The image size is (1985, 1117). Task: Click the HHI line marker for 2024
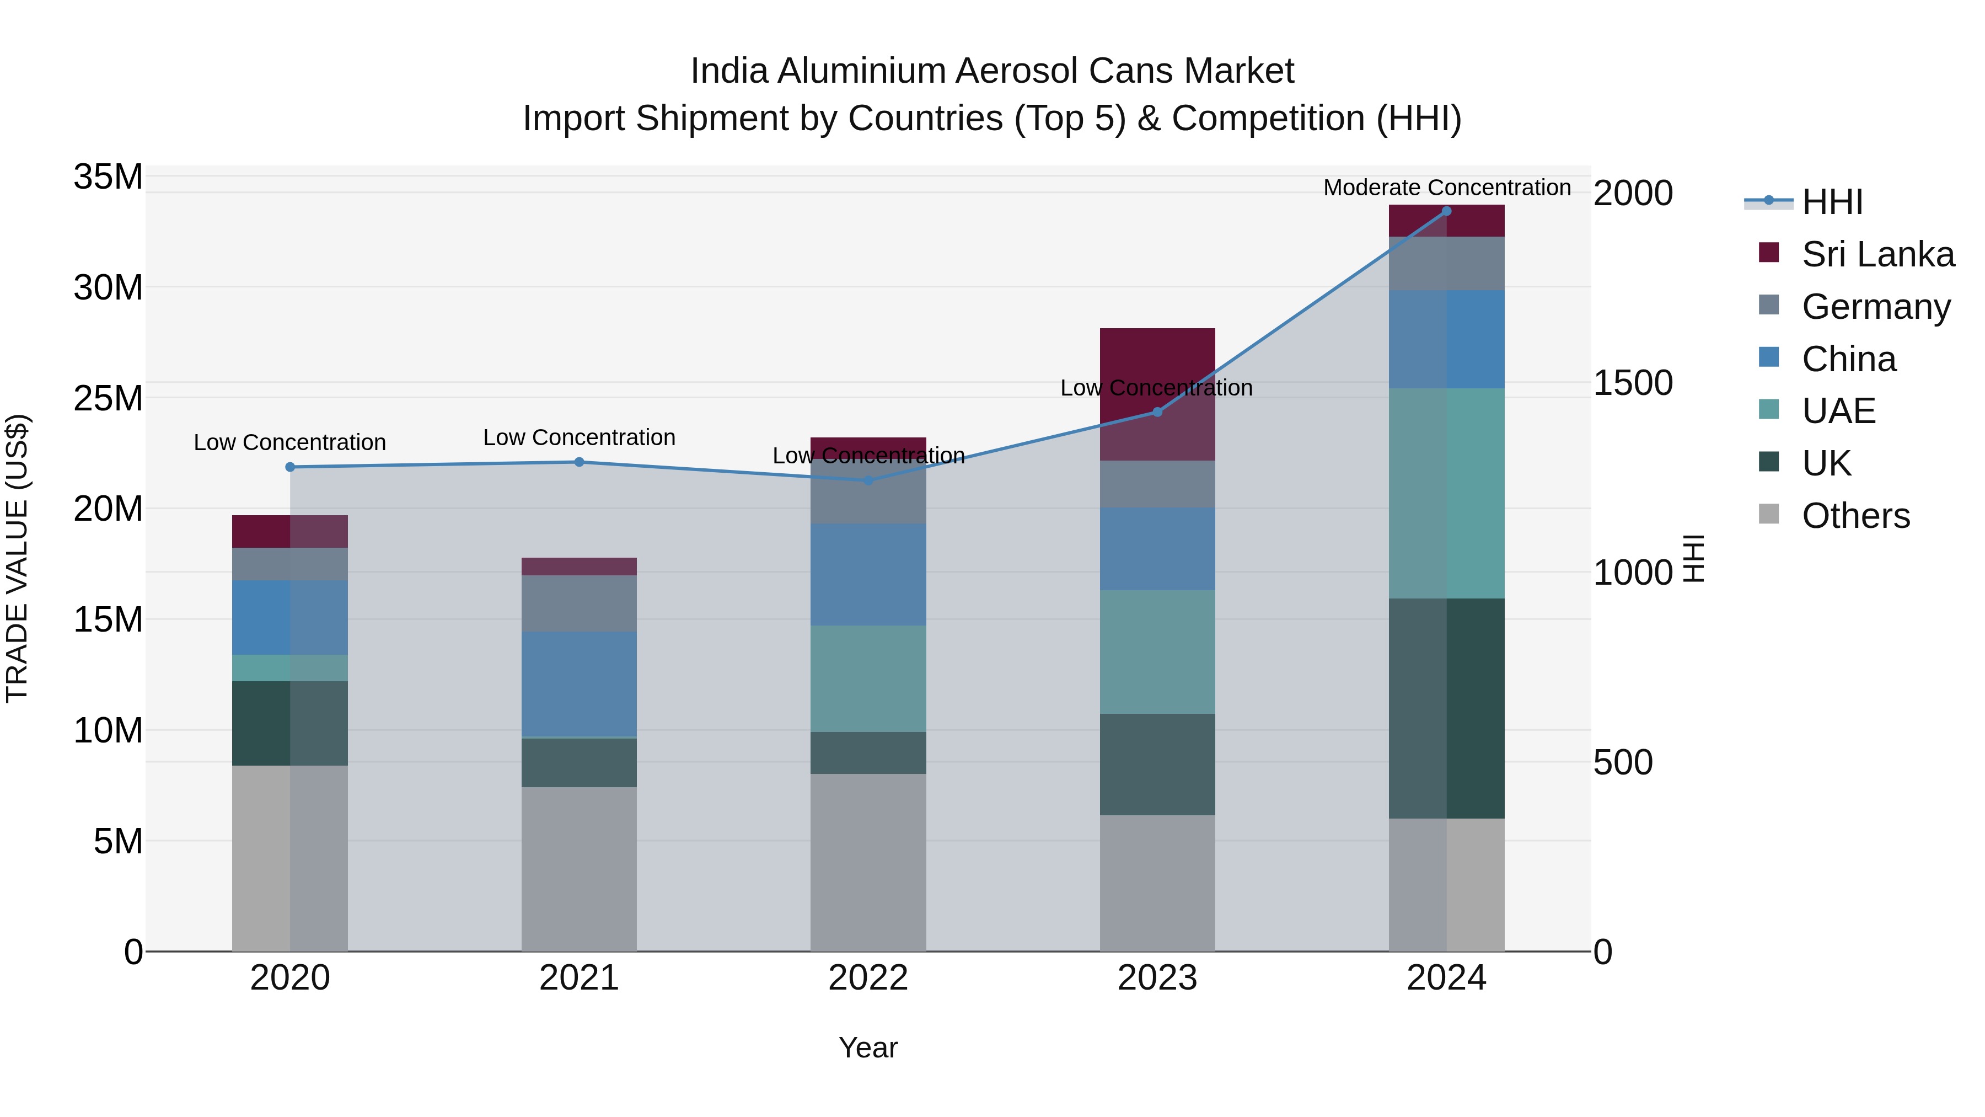[x=1446, y=211]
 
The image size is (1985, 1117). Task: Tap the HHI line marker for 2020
[x=289, y=467]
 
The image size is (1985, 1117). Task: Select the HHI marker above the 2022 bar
[x=868, y=480]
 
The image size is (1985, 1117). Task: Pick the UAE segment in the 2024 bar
[x=1446, y=493]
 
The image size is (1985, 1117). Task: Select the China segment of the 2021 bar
[x=579, y=684]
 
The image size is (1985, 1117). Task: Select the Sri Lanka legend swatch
[x=1769, y=253]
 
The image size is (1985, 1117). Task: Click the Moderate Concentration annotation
[x=1446, y=188]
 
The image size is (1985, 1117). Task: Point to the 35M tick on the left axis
[x=108, y=177]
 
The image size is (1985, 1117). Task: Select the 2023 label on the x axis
[x=1157, y=978]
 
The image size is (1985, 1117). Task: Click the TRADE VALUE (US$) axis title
[x=17, y=558]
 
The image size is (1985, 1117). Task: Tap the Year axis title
[x=868, y=1047]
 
